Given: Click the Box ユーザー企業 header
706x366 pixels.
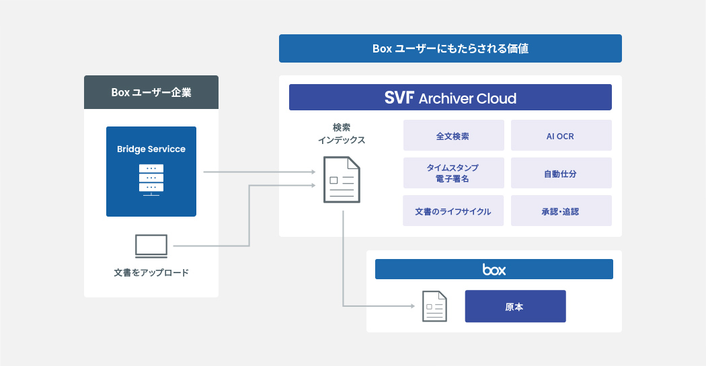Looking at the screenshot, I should point(151,92).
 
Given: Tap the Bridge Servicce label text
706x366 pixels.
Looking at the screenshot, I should point(151,149).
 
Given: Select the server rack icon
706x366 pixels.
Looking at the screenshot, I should point(151,179).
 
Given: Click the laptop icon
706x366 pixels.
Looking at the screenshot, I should point(151,246).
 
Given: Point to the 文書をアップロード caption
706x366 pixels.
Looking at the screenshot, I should point(151,273).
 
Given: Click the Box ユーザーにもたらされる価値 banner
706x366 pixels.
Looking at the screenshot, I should point(450,48).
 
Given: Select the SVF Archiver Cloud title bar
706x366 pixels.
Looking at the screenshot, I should point(450,98).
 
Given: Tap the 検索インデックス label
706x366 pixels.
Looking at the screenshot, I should point(341,133).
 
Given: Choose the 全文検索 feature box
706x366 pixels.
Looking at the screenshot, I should point(453,135).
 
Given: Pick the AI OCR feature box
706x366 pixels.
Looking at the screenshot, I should point(561,135).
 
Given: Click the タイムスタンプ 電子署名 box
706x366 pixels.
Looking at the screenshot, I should point(453,173).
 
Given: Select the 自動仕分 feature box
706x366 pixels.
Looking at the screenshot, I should point(561,173).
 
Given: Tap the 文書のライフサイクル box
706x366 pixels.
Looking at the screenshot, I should point(453,211).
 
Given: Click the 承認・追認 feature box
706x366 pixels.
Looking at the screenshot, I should point(561,211).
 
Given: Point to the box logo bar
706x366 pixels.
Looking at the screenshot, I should point(494,269).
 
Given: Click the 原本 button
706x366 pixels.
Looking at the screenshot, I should point(515,306).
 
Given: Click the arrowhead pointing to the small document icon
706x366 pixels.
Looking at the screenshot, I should point(411,306).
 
